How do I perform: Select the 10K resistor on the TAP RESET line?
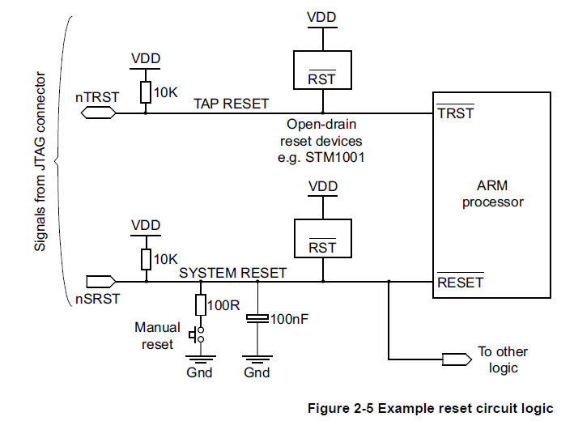coord(146,92)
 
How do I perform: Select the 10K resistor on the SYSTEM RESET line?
coord(146,259)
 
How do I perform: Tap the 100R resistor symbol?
coord(199,304)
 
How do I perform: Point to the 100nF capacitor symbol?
coord(257,320)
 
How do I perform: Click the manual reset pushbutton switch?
coord(195,334)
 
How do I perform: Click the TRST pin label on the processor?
coord(455,114)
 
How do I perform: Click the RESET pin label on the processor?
coord(460,283)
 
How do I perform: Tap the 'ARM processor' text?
coord(493,194)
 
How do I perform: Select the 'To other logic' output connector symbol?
coord(456,358)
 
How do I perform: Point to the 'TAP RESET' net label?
coord(231,104)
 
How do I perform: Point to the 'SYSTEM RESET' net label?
coord(233,273)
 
